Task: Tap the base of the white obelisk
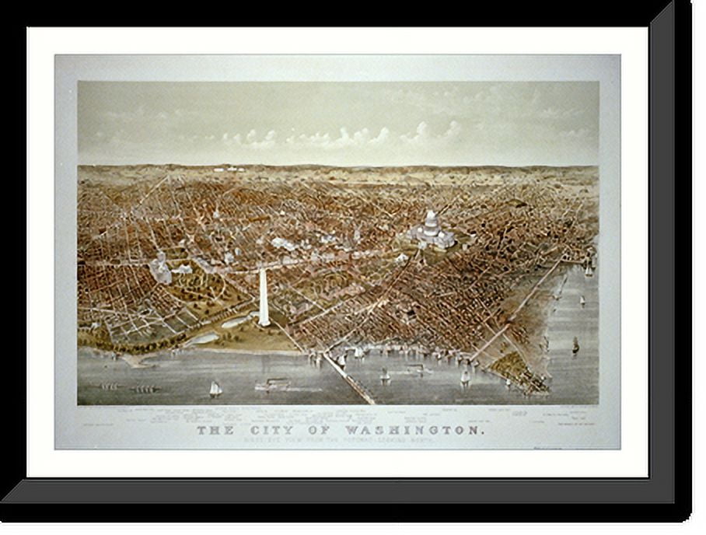264,323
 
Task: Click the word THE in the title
211,430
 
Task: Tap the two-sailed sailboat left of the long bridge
215,388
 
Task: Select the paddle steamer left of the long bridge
272,384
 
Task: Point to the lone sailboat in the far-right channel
575,344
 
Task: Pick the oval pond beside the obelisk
236,321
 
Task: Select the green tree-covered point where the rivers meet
515,365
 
